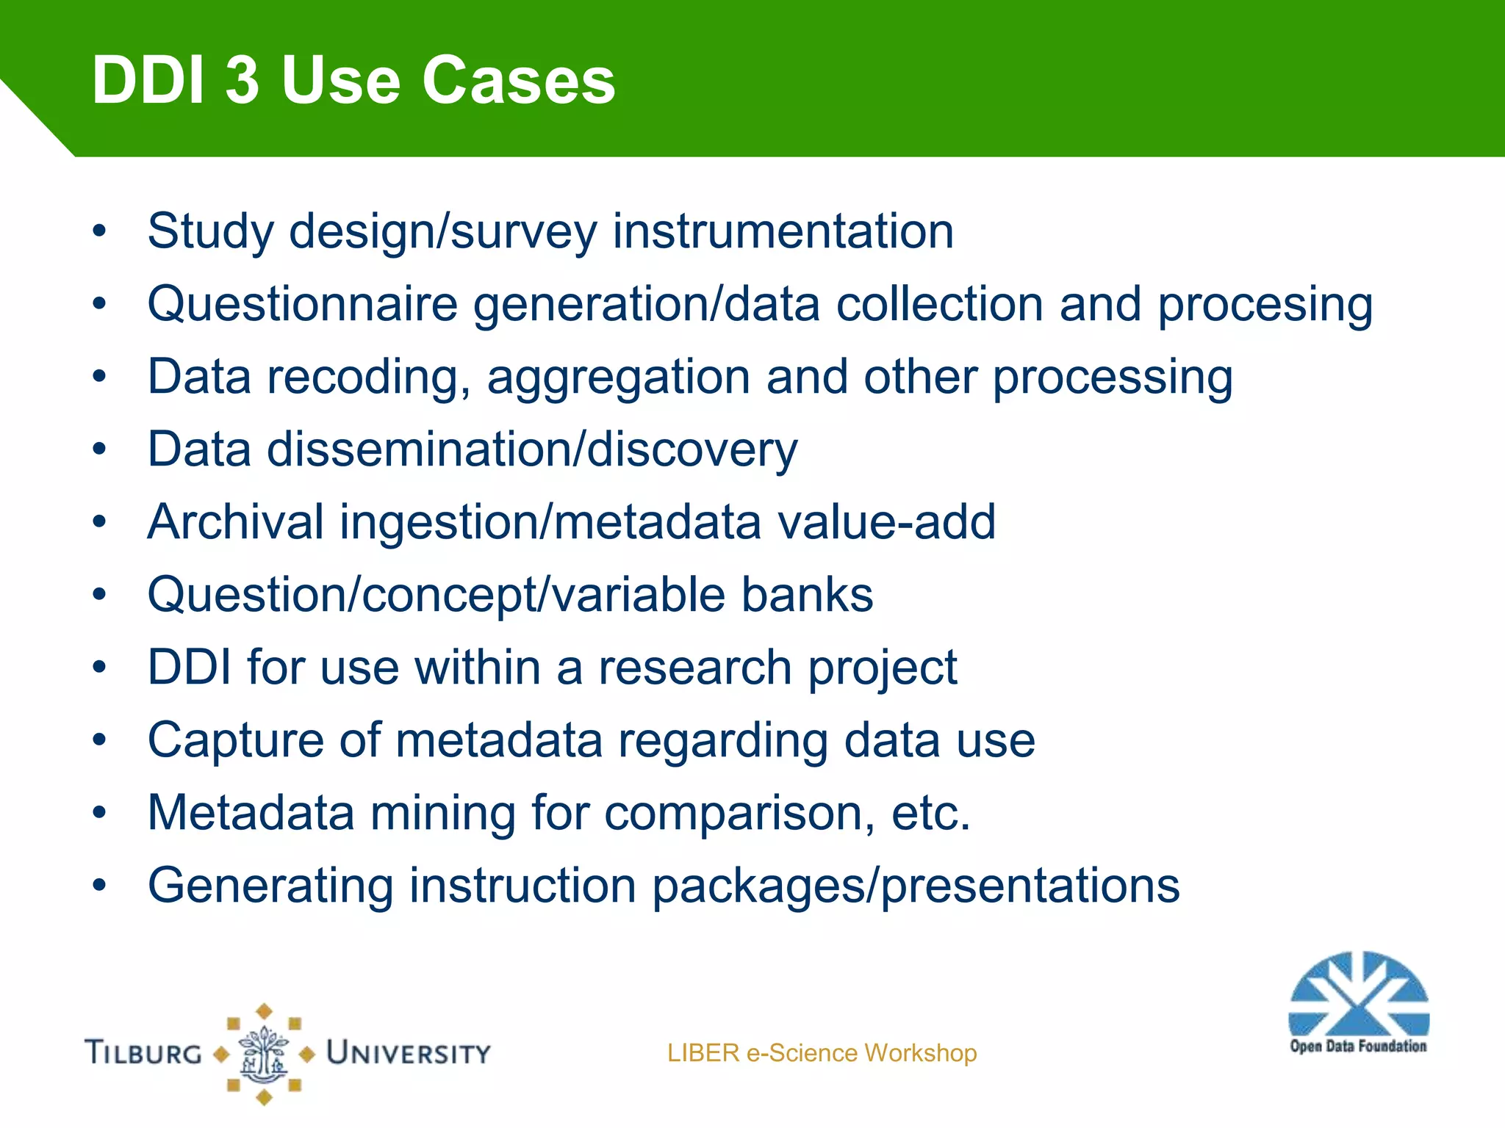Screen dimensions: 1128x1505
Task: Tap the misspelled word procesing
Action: coord(1265,305)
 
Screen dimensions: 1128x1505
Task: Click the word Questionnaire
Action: coord(302,304)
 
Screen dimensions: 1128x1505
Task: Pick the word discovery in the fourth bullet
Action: coord(692,450)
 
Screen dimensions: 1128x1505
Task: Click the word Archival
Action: coord(235,522)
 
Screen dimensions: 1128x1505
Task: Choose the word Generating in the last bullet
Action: coord(270,885)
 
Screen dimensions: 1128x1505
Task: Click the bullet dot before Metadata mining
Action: coord(100,813)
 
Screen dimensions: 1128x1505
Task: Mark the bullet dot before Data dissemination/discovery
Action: coord(100,449)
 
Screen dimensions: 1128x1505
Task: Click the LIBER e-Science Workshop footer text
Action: coord(822,1053)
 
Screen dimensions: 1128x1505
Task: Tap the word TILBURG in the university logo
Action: coord(144,1053)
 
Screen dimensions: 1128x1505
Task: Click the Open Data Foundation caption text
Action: coord(1358,1046)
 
